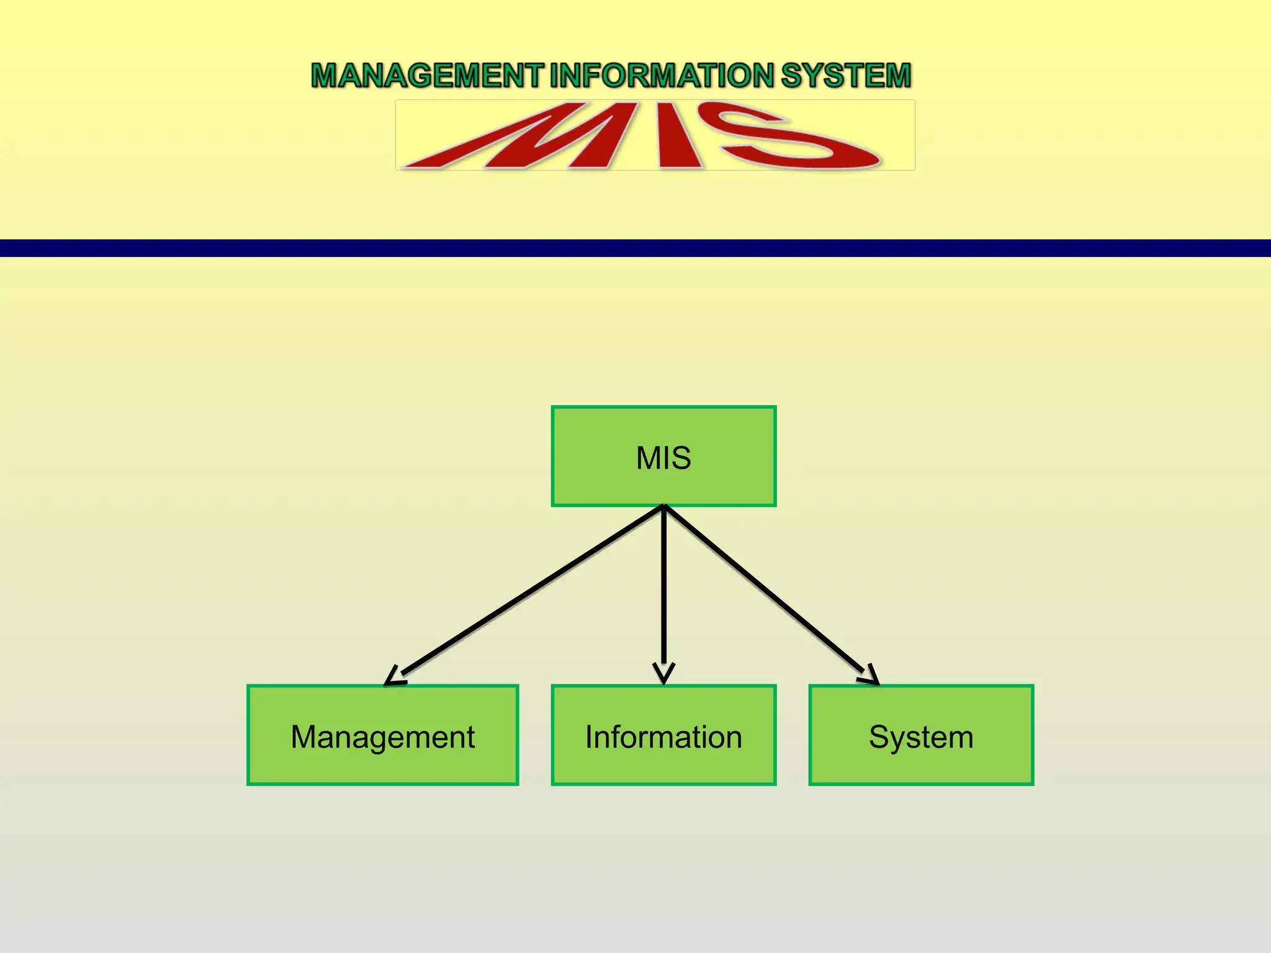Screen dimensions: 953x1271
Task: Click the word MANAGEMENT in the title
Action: pos(427,75)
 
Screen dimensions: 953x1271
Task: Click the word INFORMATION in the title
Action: pos(662,75)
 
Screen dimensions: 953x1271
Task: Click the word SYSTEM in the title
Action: pos(846,75)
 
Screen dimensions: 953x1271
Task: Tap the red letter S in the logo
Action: pos(788,138)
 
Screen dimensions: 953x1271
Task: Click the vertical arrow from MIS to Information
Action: pos(663,589)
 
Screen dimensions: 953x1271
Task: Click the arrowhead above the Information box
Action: pos(663,674)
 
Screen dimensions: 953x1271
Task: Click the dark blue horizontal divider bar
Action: pos(635,248)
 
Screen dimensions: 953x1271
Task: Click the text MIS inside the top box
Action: pos(663,458)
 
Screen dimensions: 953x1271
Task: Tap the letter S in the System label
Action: pos(879,736)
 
